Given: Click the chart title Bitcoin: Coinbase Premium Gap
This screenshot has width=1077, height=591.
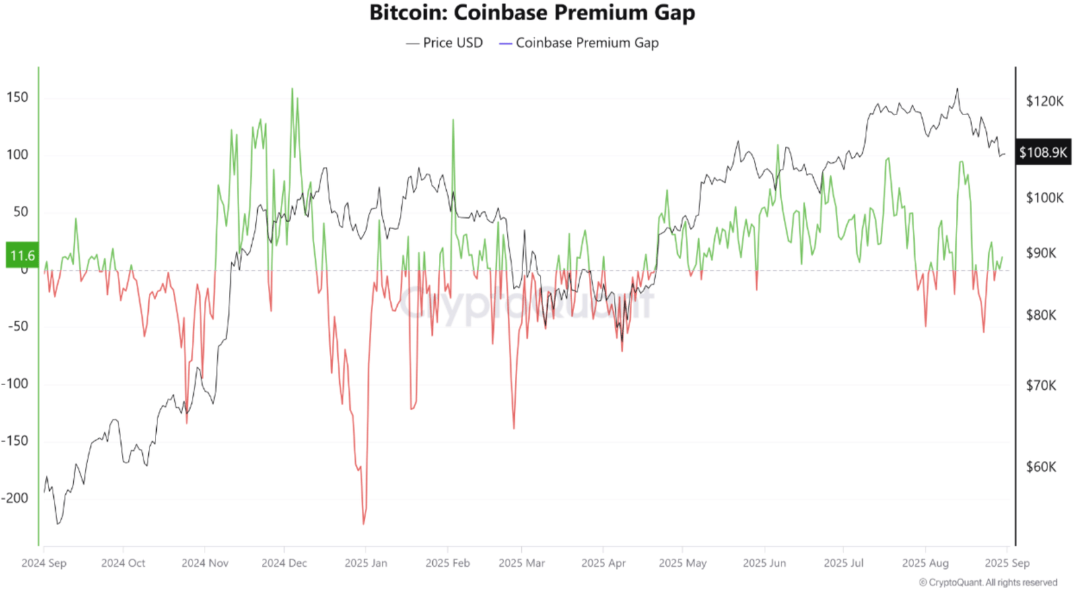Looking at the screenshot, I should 532,13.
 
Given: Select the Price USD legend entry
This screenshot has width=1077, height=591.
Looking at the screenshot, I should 445,43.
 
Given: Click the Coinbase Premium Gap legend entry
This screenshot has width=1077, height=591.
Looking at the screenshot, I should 579,43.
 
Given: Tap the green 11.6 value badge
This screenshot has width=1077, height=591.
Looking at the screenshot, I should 22,256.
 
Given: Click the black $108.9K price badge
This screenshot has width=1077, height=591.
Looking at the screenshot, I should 1043,153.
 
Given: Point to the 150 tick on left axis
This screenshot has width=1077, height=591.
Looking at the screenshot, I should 18,97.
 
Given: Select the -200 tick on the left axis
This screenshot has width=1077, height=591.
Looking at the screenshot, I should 15,498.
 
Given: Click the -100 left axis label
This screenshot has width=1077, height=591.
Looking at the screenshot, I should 15,384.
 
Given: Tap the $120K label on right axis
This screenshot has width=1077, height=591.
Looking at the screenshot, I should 1044,101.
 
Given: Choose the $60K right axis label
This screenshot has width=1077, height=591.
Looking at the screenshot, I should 1041,466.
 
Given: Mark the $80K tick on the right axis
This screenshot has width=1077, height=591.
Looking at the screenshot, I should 1041,315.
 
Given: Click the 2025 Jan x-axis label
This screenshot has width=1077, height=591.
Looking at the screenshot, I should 366,563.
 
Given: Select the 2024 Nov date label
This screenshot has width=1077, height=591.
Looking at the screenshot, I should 205,563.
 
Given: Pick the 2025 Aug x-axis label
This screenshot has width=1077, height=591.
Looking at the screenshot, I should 925,563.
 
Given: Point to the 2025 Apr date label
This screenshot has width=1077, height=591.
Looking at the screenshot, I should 603,563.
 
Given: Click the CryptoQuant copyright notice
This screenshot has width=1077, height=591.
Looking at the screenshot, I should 987,582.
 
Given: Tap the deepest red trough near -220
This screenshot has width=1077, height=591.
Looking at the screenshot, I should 363,523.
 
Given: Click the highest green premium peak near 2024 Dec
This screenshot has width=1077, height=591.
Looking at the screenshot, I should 292,89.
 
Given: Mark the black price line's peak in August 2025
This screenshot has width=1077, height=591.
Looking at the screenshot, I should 957,89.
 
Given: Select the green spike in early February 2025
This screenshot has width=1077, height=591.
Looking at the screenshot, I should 453,120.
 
